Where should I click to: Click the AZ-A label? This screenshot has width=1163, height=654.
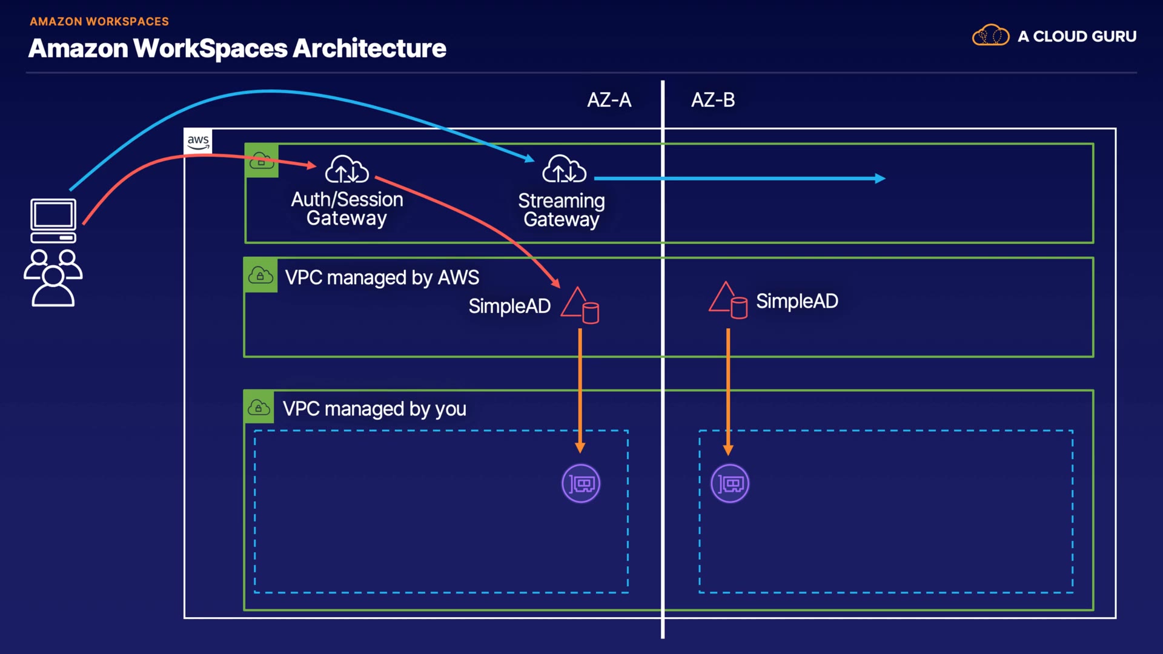[x=609, y=100]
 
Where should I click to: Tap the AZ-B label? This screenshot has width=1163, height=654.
[x=713, y=100]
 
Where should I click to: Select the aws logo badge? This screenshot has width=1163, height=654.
[x=198, y=141]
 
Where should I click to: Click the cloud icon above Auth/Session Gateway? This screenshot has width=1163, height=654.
[x=346, y=169]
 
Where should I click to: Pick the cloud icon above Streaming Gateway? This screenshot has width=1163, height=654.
[x=564, y=169]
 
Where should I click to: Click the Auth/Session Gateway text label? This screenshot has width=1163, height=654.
[x=346, y=208]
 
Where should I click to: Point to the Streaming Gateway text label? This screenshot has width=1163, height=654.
[x=562, y=210]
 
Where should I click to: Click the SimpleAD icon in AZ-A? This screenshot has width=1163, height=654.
[x=580, y=305]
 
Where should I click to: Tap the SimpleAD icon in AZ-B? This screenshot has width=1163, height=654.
[x=728, y=300]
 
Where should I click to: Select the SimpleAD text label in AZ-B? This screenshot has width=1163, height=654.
[x=797, y=301]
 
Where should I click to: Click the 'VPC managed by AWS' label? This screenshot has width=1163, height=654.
[x=382, y=277]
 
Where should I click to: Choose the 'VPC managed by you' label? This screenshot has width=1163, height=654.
[x=374, y=409]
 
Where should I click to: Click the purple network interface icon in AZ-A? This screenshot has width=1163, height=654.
[x=581, y=483]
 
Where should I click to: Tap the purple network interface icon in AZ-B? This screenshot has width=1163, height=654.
[x=729, y=483]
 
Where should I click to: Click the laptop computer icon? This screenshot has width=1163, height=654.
[x=53, y=220]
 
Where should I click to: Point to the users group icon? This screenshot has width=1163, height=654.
[x=53, y=277]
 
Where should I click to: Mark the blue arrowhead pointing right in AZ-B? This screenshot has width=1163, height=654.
[x=880, y=178]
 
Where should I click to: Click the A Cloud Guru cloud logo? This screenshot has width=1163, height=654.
[x=990, y=36]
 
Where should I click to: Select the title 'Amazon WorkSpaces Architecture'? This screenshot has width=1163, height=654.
[x=237, y=48]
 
